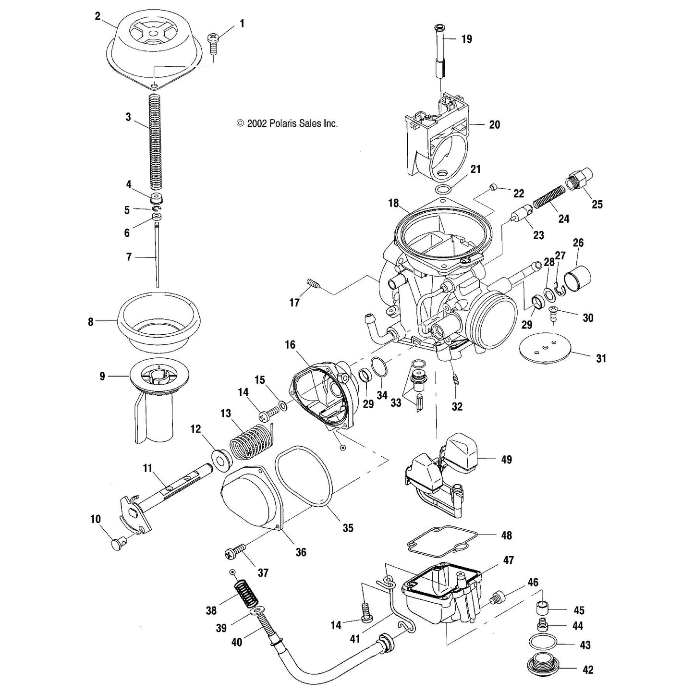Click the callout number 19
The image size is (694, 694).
click(466, 39)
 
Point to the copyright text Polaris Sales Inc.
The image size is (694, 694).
click(287, 123)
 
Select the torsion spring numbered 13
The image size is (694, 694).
click(249, 442)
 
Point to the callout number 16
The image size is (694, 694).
click(290, 345)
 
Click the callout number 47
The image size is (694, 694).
click(508, 560)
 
